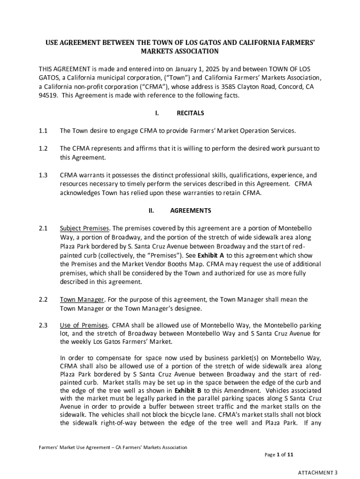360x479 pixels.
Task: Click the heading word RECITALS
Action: [190, 113]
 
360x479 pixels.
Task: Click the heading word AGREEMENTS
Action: [190, 210]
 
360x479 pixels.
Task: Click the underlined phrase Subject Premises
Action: [85, 228]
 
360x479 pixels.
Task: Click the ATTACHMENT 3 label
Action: [318, 472]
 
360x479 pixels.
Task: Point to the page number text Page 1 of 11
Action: [279, 454]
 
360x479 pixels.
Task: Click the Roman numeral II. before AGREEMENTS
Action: [151, 210]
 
